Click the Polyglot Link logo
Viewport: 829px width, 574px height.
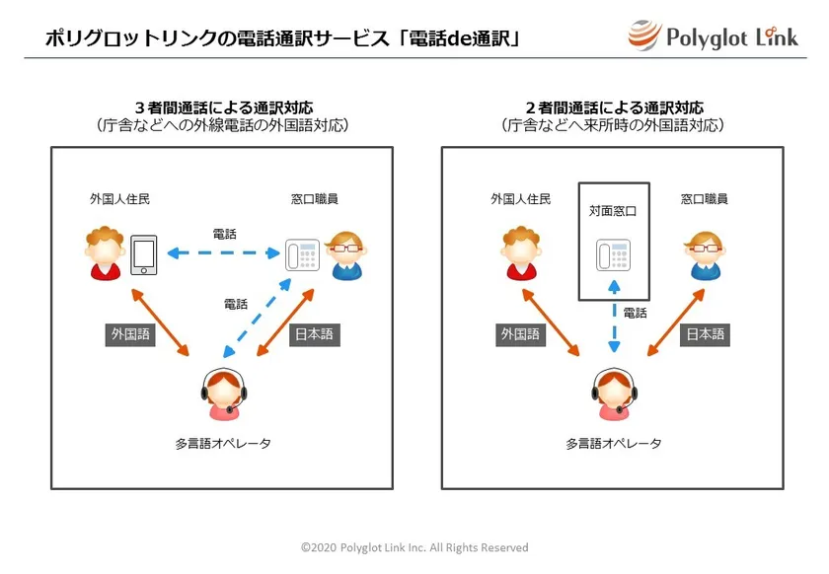tap(714, 36)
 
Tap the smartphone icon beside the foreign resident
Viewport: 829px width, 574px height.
tap(144, 254)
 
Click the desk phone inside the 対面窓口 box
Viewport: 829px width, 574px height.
tap(613, 254)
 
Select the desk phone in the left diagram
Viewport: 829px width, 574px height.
tap(302, 254)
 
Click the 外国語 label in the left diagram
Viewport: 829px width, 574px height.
tap(130, 334)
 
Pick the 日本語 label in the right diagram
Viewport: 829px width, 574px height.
tap(705, 334)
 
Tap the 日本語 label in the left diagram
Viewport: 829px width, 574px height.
tap(314, 334)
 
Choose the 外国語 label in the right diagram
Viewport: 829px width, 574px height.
tap(520, 334)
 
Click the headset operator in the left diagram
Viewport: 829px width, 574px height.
tap(224, 394)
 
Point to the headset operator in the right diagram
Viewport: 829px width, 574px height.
tap(614, 394)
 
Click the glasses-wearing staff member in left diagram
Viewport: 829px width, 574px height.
tap(346, 254)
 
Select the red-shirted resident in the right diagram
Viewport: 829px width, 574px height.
tap(521, 252)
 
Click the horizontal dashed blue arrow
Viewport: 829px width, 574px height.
tap(224, 253)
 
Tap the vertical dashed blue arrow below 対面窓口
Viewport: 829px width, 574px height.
tap(614, 316)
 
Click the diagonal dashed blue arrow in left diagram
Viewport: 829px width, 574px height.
tap(257, 319)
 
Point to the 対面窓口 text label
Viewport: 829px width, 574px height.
tap(613, 211)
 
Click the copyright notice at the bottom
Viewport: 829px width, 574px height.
tap(414, 547)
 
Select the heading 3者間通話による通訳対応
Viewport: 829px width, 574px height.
tap(224, 108)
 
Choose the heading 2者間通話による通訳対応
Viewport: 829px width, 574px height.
tap(614, 108)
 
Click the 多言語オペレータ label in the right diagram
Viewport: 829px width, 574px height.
tap(613, 444)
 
